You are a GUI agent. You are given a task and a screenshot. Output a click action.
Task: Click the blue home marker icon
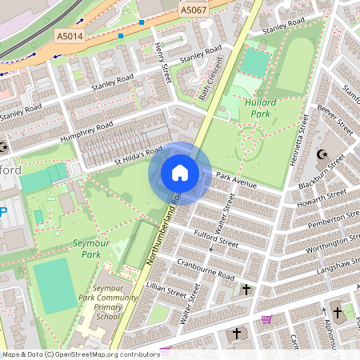pos(180,172)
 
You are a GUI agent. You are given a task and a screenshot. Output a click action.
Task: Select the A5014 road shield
pos(70,36)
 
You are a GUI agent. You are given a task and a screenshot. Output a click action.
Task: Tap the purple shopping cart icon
pos(266,318)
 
